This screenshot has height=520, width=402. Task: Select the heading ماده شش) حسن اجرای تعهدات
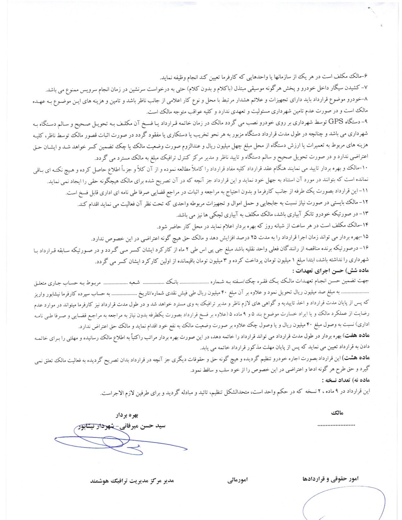pos(330,270)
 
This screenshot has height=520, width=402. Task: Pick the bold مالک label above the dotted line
pos(337,413)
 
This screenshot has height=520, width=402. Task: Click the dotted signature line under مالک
pos(336,425)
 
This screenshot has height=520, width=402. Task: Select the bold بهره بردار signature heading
pos(127,415)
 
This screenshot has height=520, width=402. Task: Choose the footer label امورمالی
pos(238,480)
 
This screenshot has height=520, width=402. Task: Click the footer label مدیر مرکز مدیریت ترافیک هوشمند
pos(132,481)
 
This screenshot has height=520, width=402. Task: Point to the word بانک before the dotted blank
pos(172,281)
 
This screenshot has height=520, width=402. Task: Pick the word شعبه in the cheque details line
pos(134,282)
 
